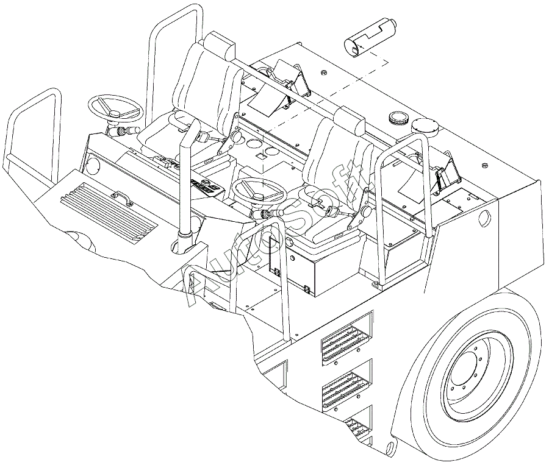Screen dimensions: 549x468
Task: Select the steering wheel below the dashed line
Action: click(x=259, y=191)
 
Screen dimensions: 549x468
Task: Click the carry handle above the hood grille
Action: click(x=121, y=197)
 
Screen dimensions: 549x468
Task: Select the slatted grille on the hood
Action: click(x=109, y=213)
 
